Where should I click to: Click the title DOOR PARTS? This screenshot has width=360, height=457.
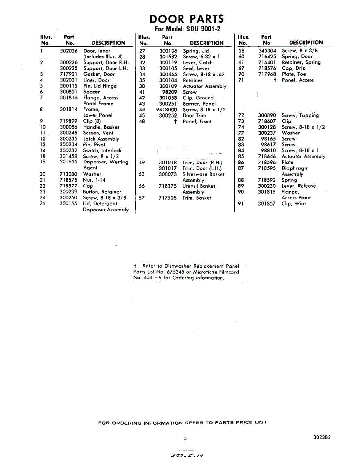click(x=186, y=19)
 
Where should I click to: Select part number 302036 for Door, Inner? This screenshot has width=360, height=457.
click(x=69, y=51)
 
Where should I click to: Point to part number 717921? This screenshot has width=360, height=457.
click(x=69, y=74)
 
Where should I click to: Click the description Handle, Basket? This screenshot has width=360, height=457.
click(x=101, y=127)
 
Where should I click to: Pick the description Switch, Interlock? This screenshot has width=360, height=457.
click(x=102, y=151)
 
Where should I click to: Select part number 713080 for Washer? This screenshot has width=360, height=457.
click(x=69, y=174)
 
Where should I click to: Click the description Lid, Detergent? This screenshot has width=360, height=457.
click(x=100, y=204)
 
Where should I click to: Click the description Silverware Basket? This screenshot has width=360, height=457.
click(x=204, y=174)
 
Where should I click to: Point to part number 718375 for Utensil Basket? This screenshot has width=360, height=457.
click(x=168, y=186)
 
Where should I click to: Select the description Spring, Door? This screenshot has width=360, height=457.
click(x=297, y=56)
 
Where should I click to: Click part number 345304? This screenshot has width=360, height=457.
click(x=267, y=51)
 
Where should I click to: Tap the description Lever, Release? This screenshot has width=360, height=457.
click(x=299, y=186)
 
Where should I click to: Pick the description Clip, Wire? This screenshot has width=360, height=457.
click(x=294, y=204)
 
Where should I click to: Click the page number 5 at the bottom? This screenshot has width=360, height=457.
click(x=185, y=438)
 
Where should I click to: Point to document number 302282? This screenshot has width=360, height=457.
click(x=322, y=438)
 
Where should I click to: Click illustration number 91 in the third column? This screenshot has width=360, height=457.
click(x=241, y=204)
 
